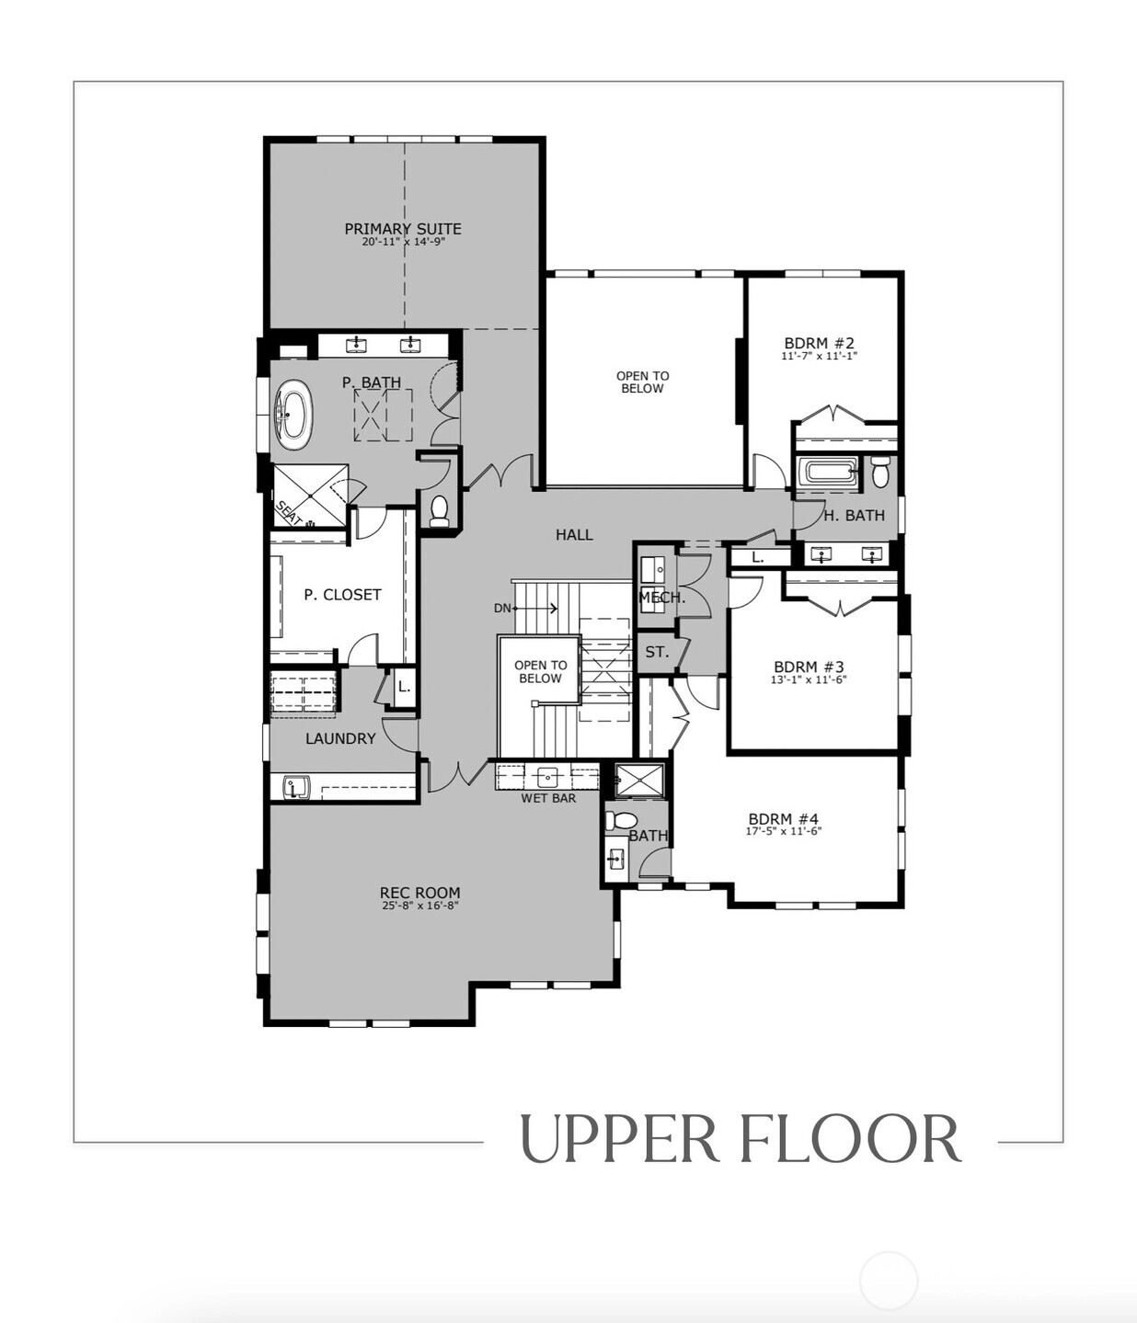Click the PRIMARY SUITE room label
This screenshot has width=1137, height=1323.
tap(402, 229)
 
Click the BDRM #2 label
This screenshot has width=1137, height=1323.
tap(820, 343)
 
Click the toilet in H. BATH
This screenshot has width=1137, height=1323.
tap(880, 472)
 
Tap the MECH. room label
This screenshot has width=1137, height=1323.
tap(662, 598)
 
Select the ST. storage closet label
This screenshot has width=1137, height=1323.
tap(657, 652)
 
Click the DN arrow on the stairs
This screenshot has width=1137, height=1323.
tap(535, 608)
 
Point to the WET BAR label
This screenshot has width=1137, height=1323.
tap(548, 798)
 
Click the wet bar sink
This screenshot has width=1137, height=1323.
tap(548, 776)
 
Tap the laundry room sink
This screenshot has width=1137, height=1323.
tap(296, 787)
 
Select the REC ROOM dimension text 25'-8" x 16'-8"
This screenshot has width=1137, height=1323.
tap(419, 906)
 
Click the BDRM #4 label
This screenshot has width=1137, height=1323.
tap(784, 818)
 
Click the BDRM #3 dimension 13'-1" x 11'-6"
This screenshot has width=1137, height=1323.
tap(809, 679)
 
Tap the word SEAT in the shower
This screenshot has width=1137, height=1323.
tap(289, 513)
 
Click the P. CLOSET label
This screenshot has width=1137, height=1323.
tap(343, 595)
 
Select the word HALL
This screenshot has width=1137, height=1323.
tap(574, 534)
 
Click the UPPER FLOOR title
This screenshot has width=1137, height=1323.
tap(740, 1139)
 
